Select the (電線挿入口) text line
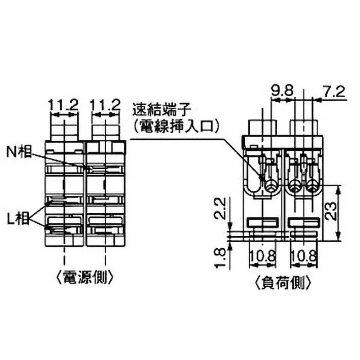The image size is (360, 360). pos(176,126)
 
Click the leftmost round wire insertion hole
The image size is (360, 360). pos(271,185)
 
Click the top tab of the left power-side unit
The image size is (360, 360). pos(64,130)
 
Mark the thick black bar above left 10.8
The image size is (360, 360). pos(262,222)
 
